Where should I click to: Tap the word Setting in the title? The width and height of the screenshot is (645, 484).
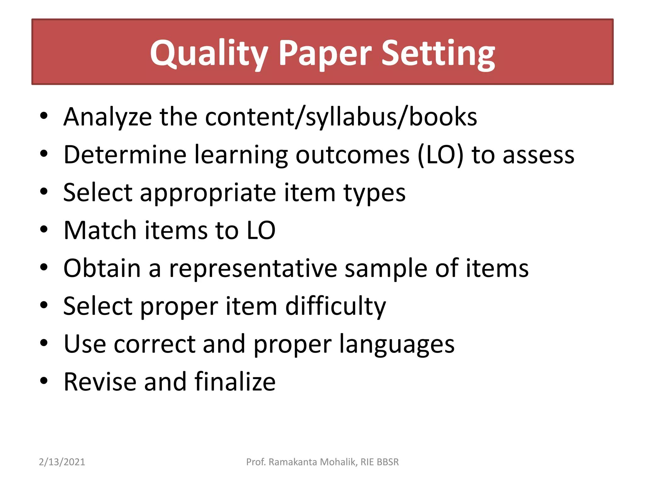click(x=438, y=54)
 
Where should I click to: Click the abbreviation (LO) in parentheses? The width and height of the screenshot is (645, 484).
click(x=441, y=155)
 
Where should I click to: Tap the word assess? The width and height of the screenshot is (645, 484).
click(x=538, y=155)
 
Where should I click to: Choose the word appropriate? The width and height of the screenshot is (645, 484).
click(x=208, y=193)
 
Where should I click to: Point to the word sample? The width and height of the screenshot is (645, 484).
click(x=386, y=269)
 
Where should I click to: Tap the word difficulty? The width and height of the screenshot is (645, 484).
click(x=335, y=306)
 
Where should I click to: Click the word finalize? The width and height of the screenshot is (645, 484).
click(x=235, y=382)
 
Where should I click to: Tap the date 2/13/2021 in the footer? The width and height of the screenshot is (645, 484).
click(x=62, y=462)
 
